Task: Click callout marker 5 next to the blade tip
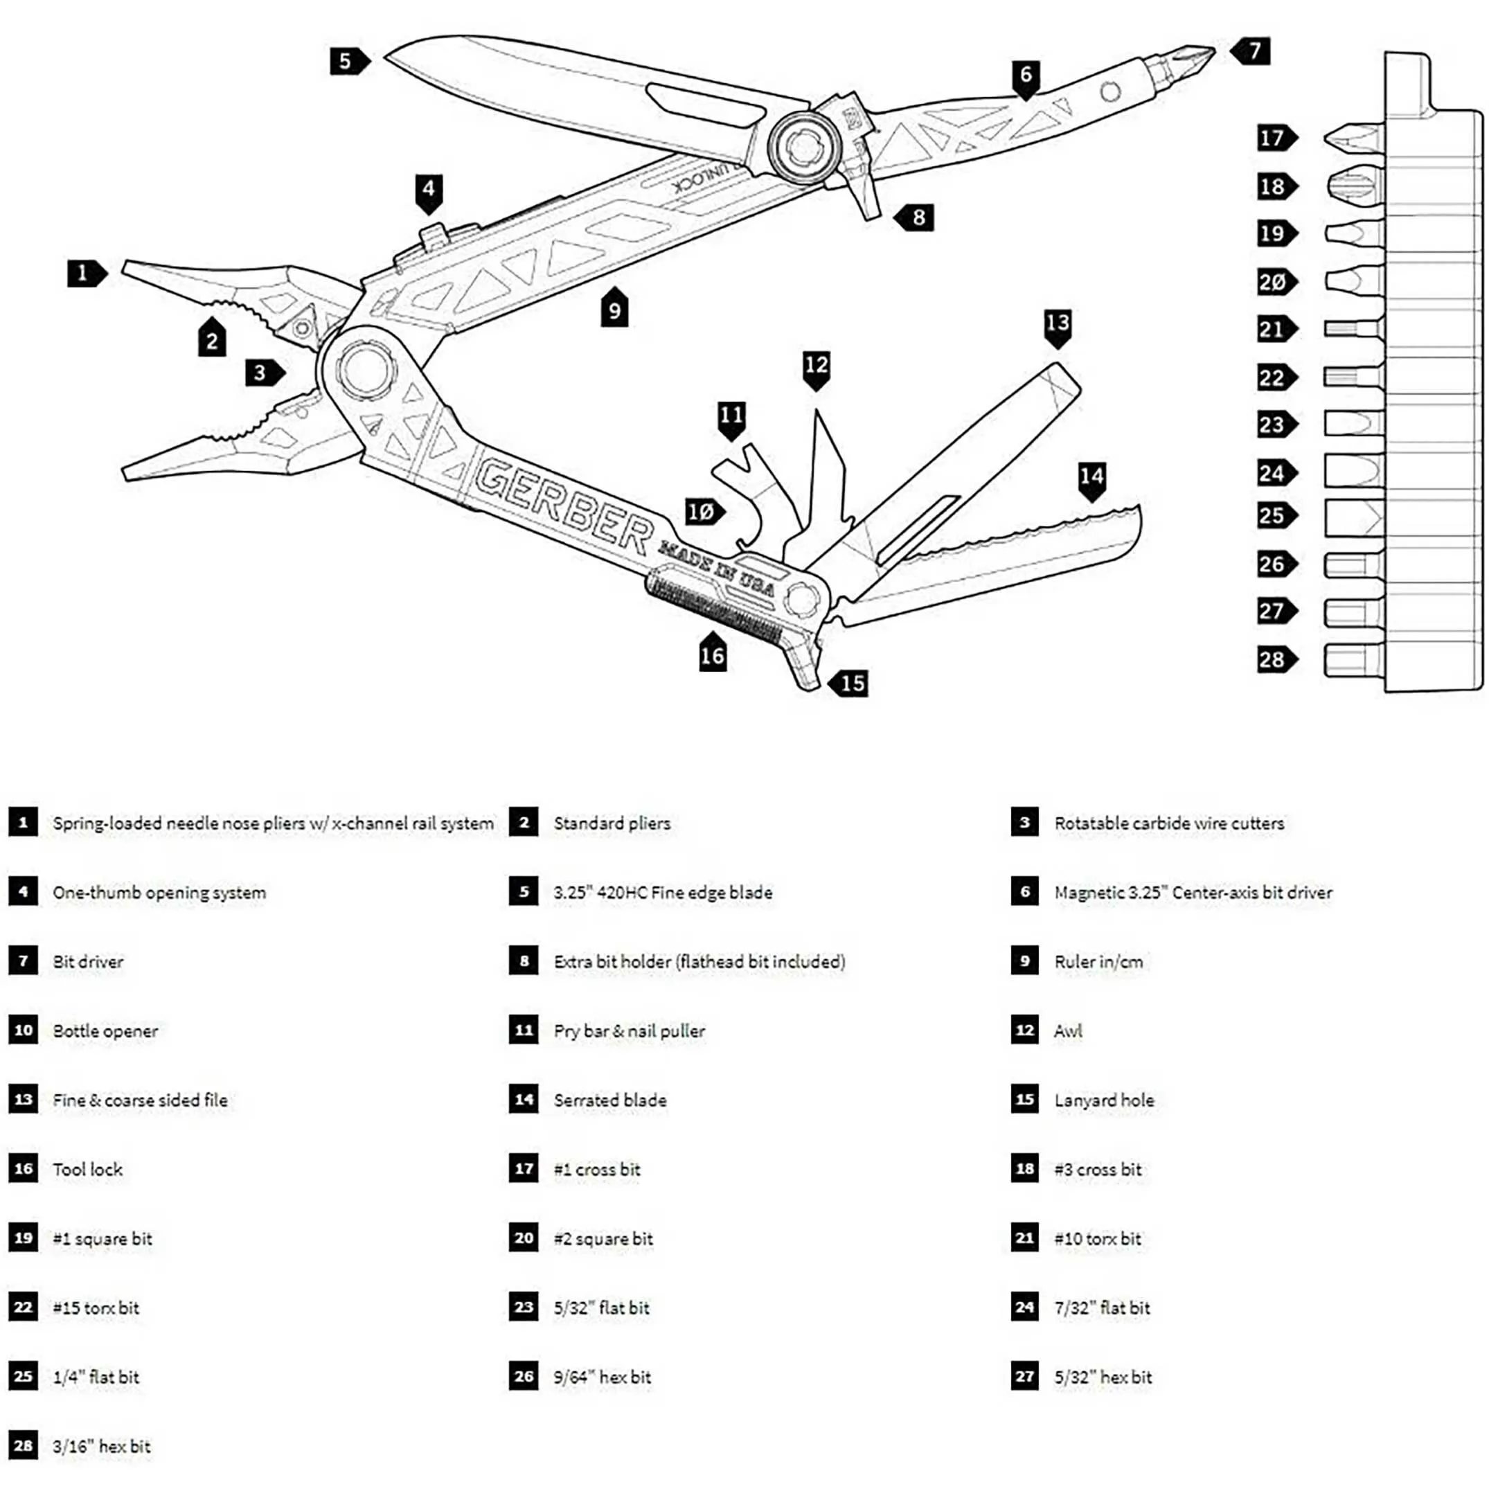(348, 61)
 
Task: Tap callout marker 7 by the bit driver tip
(1252, 51)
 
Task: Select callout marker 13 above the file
(1058, 325)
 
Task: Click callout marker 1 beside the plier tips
(84, 273)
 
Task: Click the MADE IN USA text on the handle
(717, 568)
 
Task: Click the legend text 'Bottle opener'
(105, 1031)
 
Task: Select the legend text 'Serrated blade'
(609, 1100)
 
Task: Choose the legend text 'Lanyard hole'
(1104, 1100)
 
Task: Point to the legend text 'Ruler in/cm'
(1098, 962)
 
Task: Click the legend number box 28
(23, 1446)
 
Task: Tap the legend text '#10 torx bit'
(1098, 1238)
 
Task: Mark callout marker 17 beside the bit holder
(1274, 138)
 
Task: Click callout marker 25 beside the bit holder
(1274, 515)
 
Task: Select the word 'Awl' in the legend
(1067, 1031)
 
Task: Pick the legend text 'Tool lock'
(88, 1169)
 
